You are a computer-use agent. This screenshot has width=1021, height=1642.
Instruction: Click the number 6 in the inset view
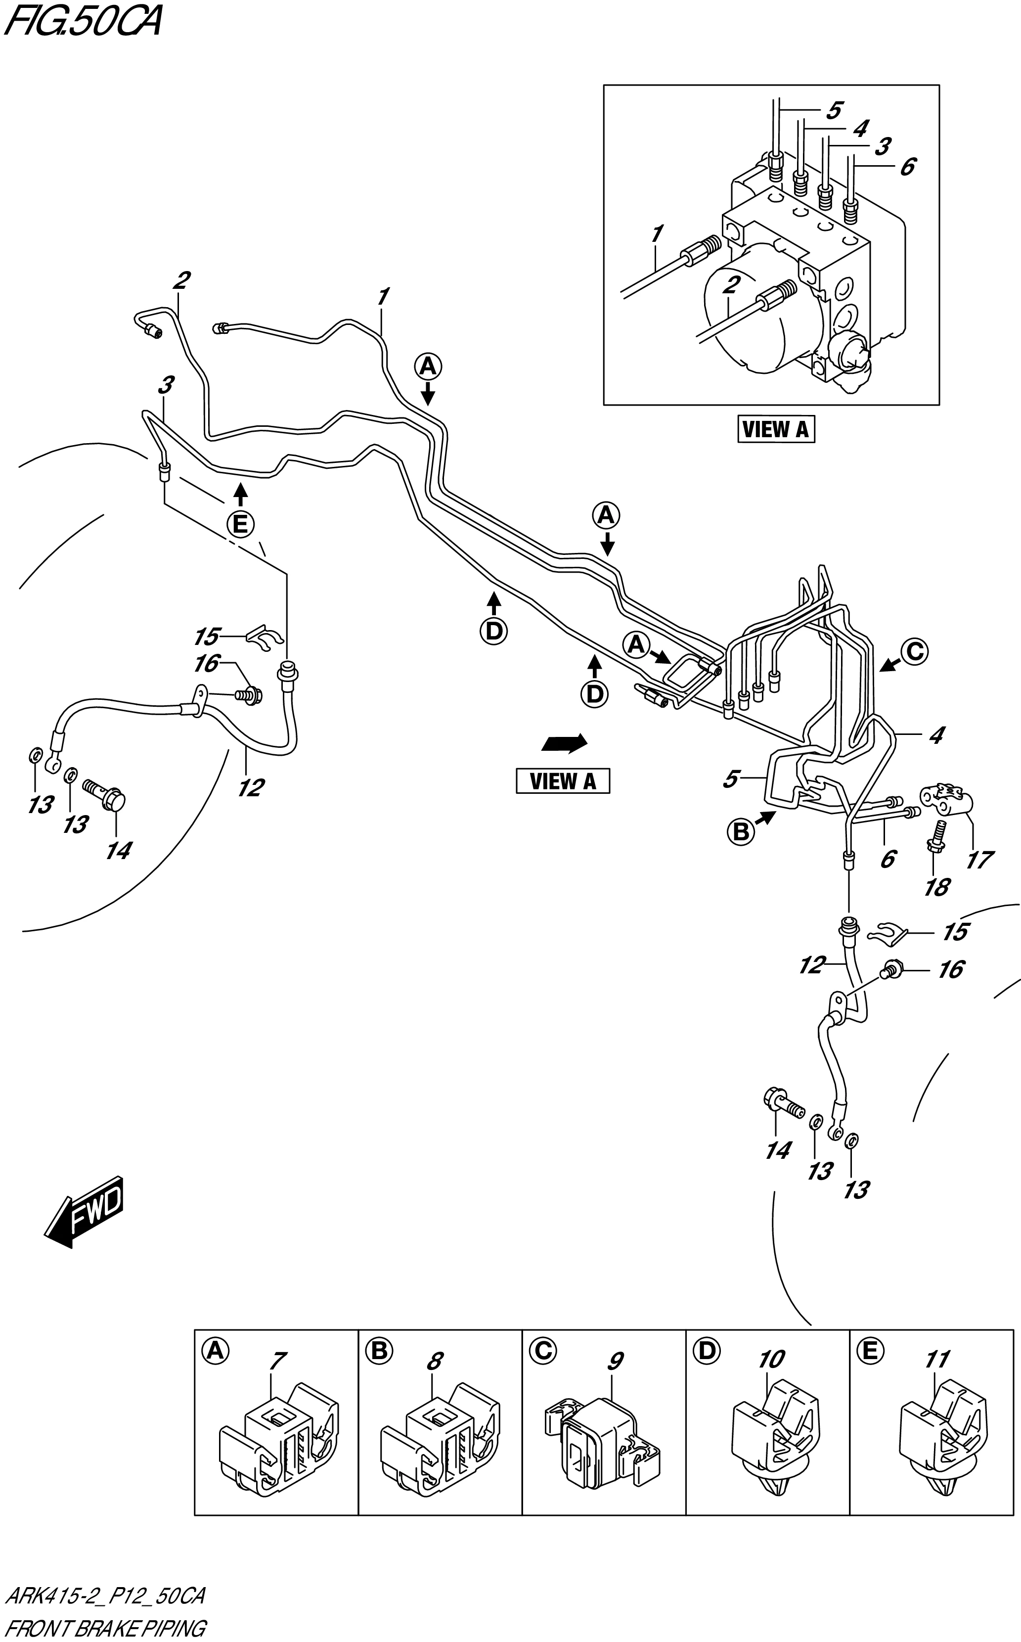point(908,166)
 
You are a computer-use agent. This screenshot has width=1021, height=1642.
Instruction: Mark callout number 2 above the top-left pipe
point(181,279)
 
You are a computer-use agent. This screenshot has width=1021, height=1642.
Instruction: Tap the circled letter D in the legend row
point(707,1350)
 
